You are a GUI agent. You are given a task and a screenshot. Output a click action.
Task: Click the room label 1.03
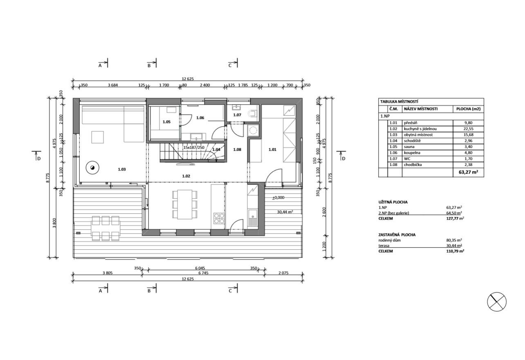[x=121, y=169]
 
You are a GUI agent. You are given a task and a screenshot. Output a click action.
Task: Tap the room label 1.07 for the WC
[x=237, y=115]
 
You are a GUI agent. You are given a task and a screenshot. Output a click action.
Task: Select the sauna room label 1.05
[x=166, y=122]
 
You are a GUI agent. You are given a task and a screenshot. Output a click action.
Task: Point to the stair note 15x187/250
[x=194, y=148]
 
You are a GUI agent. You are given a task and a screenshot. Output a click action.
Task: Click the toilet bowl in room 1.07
[x=253, y=113]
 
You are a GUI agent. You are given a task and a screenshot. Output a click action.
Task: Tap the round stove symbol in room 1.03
[x=92, y=168]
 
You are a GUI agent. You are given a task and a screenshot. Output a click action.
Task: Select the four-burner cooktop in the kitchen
[x=219, y=218]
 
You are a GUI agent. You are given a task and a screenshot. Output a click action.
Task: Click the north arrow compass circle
[x=497, y=302]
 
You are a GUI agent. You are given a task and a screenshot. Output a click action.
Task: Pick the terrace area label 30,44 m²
[x=285, y=212]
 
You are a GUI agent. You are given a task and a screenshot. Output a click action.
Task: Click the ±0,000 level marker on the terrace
[x=278, y=197]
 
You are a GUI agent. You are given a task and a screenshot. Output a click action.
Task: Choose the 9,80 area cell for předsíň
[x=468, y=123]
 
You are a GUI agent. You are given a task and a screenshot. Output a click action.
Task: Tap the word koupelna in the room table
[x=412, y=153]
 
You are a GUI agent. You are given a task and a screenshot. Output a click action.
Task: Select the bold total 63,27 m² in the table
[x=468, y=172]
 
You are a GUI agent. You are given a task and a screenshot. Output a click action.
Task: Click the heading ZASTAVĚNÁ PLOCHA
[x=397, y=235]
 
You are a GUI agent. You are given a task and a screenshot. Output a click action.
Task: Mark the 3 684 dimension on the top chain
[x=113, y=85]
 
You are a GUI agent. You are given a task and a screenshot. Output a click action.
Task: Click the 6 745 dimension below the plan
[x=203, y=273]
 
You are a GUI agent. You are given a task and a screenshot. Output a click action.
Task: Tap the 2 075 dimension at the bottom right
[x=283, y=273]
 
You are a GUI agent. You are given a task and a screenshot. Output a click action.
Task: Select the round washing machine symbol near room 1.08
[x=253, y=130]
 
